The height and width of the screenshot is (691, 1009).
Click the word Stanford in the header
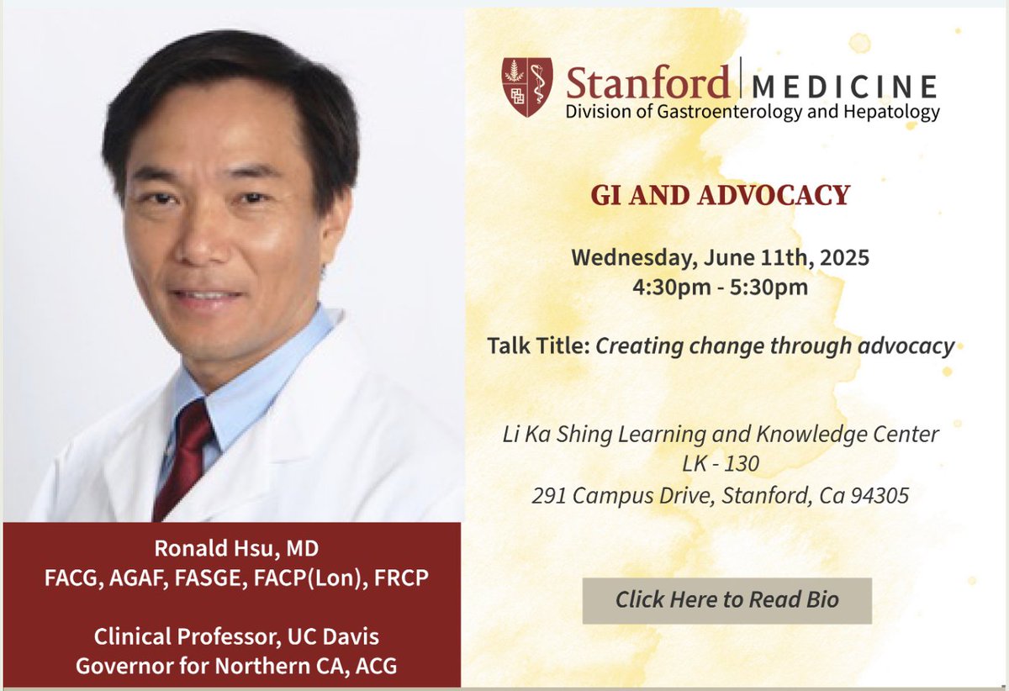(x=647, y=82)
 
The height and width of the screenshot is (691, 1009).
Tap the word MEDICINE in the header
(x=844, y=86)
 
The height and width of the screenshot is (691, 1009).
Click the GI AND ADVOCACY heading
(x=720, y=195)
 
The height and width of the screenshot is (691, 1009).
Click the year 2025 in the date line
(x=844, y=256)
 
